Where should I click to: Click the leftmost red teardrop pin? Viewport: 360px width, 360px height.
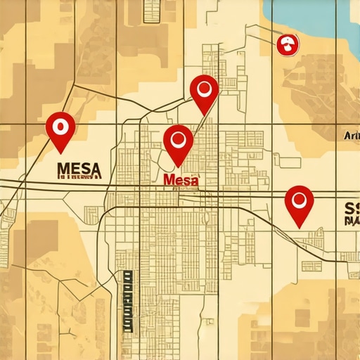click(x=60, y=129)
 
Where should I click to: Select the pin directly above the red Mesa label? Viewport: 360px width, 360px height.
click(x=178, y=142)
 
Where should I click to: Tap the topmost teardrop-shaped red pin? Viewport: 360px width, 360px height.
click(x=204, y=91)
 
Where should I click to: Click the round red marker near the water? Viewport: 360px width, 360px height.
click(x=287, y=46)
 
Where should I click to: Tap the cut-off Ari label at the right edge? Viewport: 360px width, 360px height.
click(x=351, y=136)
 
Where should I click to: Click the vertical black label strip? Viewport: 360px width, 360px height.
click(x=127, y=300)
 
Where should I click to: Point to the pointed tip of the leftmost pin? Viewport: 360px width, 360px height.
click(x=61, y=152)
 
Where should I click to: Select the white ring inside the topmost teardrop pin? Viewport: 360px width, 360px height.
click(x=205, y=88)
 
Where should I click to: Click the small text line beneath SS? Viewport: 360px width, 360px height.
click(x=352, y=221)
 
